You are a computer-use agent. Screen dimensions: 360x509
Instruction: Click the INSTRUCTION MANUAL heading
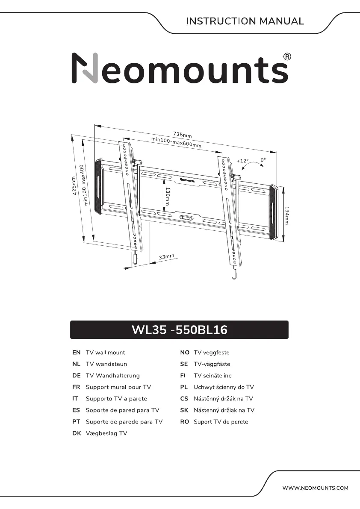pyautogui.click(x=245, y=21)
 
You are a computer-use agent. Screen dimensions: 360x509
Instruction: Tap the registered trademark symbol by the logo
pyautogui.click(x=288, y=57)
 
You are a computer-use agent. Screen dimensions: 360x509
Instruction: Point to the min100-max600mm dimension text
pyautogui.click(x=176, y=142)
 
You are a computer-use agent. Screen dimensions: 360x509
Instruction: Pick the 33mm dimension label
pyautogui.click(x=166, y=257)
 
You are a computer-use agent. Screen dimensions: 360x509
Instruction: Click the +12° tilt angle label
pyautogui.click(x=242, y=161)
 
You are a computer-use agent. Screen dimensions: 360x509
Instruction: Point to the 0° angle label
pyautogui.click(x=263, y=160)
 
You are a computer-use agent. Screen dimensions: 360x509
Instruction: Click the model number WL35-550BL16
pyautogui.click(x=179, y=330)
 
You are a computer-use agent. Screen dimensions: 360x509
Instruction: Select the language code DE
pyautogui.click(x=77, y=376)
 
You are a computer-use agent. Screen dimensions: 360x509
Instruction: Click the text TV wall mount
pyautogui.click(x=105, y=353)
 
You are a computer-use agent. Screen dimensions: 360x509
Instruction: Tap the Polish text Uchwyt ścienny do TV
pyautogui.click(x=224, y=387)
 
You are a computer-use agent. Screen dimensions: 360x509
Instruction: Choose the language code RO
pyautogui.click(x=185, y=422)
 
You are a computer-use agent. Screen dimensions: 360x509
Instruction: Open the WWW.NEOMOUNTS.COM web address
pyautogui.click(x=316, y=488)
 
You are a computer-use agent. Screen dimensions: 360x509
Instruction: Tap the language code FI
pyautogui.click(x=184, y=376)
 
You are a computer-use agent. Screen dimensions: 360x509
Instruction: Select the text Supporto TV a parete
pyautogui.click(x=116, y=399)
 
